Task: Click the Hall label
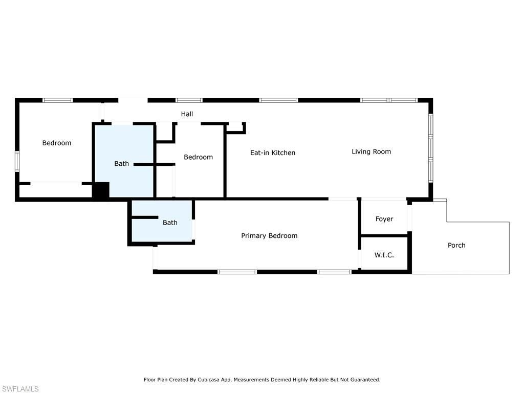tap(187, 114)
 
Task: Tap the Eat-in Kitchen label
tap(272, 152)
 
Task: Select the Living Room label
tap(371, 151)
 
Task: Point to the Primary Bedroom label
tap(269, 235)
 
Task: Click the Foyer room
tap(384, 219)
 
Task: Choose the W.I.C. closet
tap(384, 254)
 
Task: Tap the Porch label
tap(456, 245)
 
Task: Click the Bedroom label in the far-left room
tap(56, 143)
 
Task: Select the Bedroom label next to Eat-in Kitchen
tap(198, 157)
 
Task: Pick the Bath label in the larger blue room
tap(121, 164)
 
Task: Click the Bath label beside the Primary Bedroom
tap(170, 223)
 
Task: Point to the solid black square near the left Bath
tap(101, 190)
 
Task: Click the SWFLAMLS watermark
tap(20, 389)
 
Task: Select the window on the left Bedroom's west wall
tap(17, 161)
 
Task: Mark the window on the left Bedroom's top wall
tap(57, 100)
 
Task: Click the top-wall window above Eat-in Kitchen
tap(278, 100)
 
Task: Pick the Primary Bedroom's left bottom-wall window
tap(237, 272)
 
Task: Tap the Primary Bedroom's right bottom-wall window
tap(334, 272)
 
